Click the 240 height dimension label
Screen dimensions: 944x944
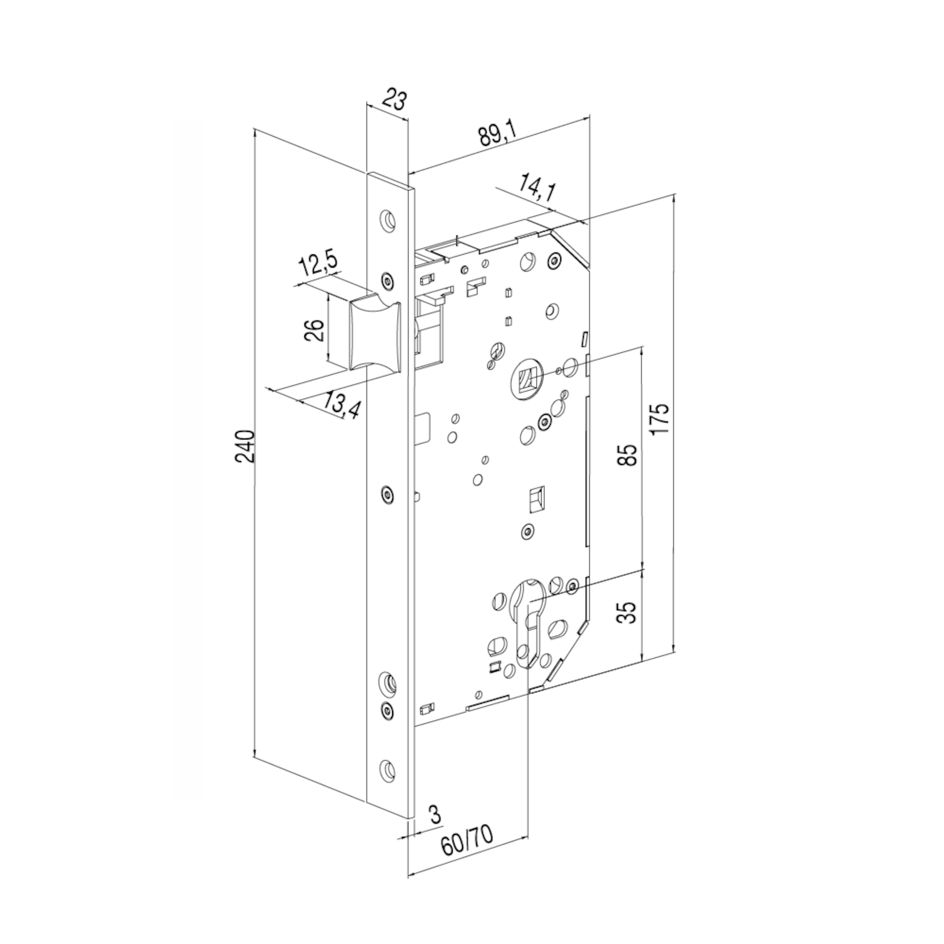pyautogui.click(x=245, y=447)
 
